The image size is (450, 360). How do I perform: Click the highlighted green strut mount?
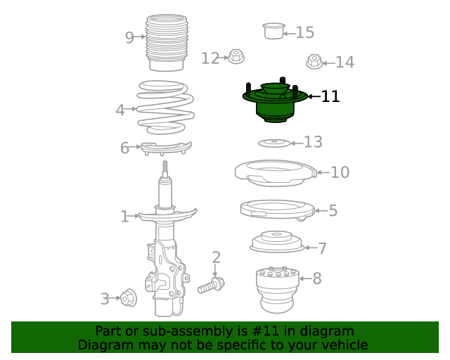pyautogui.click(x=275, y=103)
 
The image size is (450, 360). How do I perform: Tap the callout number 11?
pyautogui.click(x=330, y=96)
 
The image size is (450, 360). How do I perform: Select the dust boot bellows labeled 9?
pyautogui.click(x=166, y=42)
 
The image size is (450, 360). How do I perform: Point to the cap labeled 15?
pyautogui.click(x=273, y=31)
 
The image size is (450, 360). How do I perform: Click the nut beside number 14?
pyautogui.click(x=314, y=62)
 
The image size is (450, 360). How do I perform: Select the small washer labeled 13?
pyautogui.click(x=274, y=143)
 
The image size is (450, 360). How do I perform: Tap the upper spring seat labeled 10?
pyautogui.click(x=274, y=172)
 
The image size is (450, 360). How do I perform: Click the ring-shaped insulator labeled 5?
pyautogui.click(x=276, y=210)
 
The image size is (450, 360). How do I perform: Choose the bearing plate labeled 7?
pyautogui.click(x=276, y=242)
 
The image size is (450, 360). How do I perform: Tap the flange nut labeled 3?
pyautogui.click(x=128, y=298)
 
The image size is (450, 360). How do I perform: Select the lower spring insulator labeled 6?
pyautogui.click(x=166, y=148)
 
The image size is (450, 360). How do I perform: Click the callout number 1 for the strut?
pyautogui.click(x=124, y=217)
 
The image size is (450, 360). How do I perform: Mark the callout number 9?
pyautogui.click(x=129, y=37)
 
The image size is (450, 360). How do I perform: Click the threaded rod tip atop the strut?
pyautogui.click(x=166, y=169)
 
